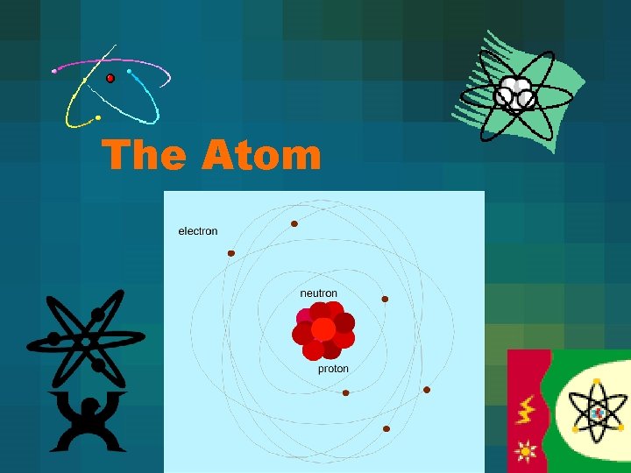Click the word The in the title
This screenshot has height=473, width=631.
pos(144,156)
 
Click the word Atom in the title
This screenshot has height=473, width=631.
pos(262,156)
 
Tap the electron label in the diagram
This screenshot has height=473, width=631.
pos(198,231)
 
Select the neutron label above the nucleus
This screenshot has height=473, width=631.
pos(319,293)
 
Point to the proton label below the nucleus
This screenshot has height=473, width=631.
pos(333,369)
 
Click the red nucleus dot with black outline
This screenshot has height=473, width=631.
pos(110,79)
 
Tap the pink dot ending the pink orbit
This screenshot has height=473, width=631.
pos(54,71)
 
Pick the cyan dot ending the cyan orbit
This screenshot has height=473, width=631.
pos(129,71)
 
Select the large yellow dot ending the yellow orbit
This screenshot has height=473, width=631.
pos(98,117)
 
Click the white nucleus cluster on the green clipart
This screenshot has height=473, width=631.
pos(515,93)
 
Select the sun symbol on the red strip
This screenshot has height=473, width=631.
pos(526,452)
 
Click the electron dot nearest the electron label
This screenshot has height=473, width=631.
pos(231,253)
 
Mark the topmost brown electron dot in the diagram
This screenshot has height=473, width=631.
pos(294,224)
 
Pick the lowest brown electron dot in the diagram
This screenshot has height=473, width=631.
pos(386,429)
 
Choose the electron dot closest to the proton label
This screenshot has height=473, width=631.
pos(345,392)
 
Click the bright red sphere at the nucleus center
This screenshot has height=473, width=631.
pos(323,329)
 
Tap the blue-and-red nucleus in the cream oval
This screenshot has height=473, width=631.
pos(598,412)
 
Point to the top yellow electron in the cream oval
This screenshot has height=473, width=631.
pos(597,382)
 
